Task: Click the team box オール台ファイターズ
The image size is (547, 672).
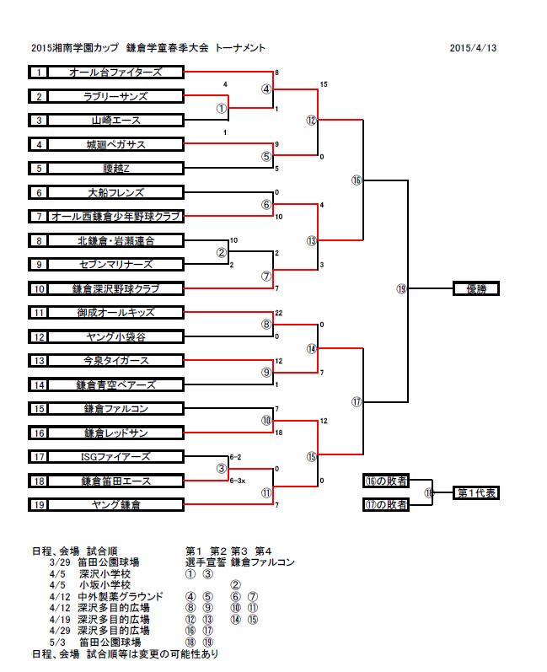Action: pos(116,73)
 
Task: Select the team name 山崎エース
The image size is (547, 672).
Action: pos(116,121)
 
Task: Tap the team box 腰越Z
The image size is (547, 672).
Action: pos(116,169)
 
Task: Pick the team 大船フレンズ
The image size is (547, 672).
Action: pos(116,192)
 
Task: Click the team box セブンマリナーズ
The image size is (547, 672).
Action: pos(116,265)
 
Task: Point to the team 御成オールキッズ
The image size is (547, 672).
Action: pos(116,313)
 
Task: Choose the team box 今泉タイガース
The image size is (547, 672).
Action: pos(116,361)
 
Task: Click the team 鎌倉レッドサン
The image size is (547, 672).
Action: pos(116,433)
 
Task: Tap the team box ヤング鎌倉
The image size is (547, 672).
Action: pos(116,505)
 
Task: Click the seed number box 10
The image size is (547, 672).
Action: pos(39,289)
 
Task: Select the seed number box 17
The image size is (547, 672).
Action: pos(39,457)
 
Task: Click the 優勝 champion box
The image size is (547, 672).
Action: pos(476,289)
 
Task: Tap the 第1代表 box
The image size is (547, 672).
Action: pos(476,492)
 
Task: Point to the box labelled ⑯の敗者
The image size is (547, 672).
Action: pos(386,481)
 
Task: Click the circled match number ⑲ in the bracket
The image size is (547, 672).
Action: pos(401,289)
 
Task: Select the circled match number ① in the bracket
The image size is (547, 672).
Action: pos(222,108)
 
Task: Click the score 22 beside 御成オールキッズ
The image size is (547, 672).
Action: pos(280,313)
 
